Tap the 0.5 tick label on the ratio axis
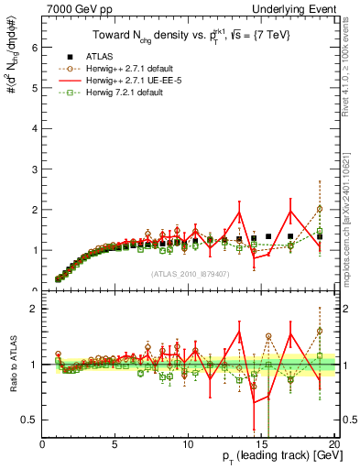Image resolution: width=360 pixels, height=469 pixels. click(x=31, y=420)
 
